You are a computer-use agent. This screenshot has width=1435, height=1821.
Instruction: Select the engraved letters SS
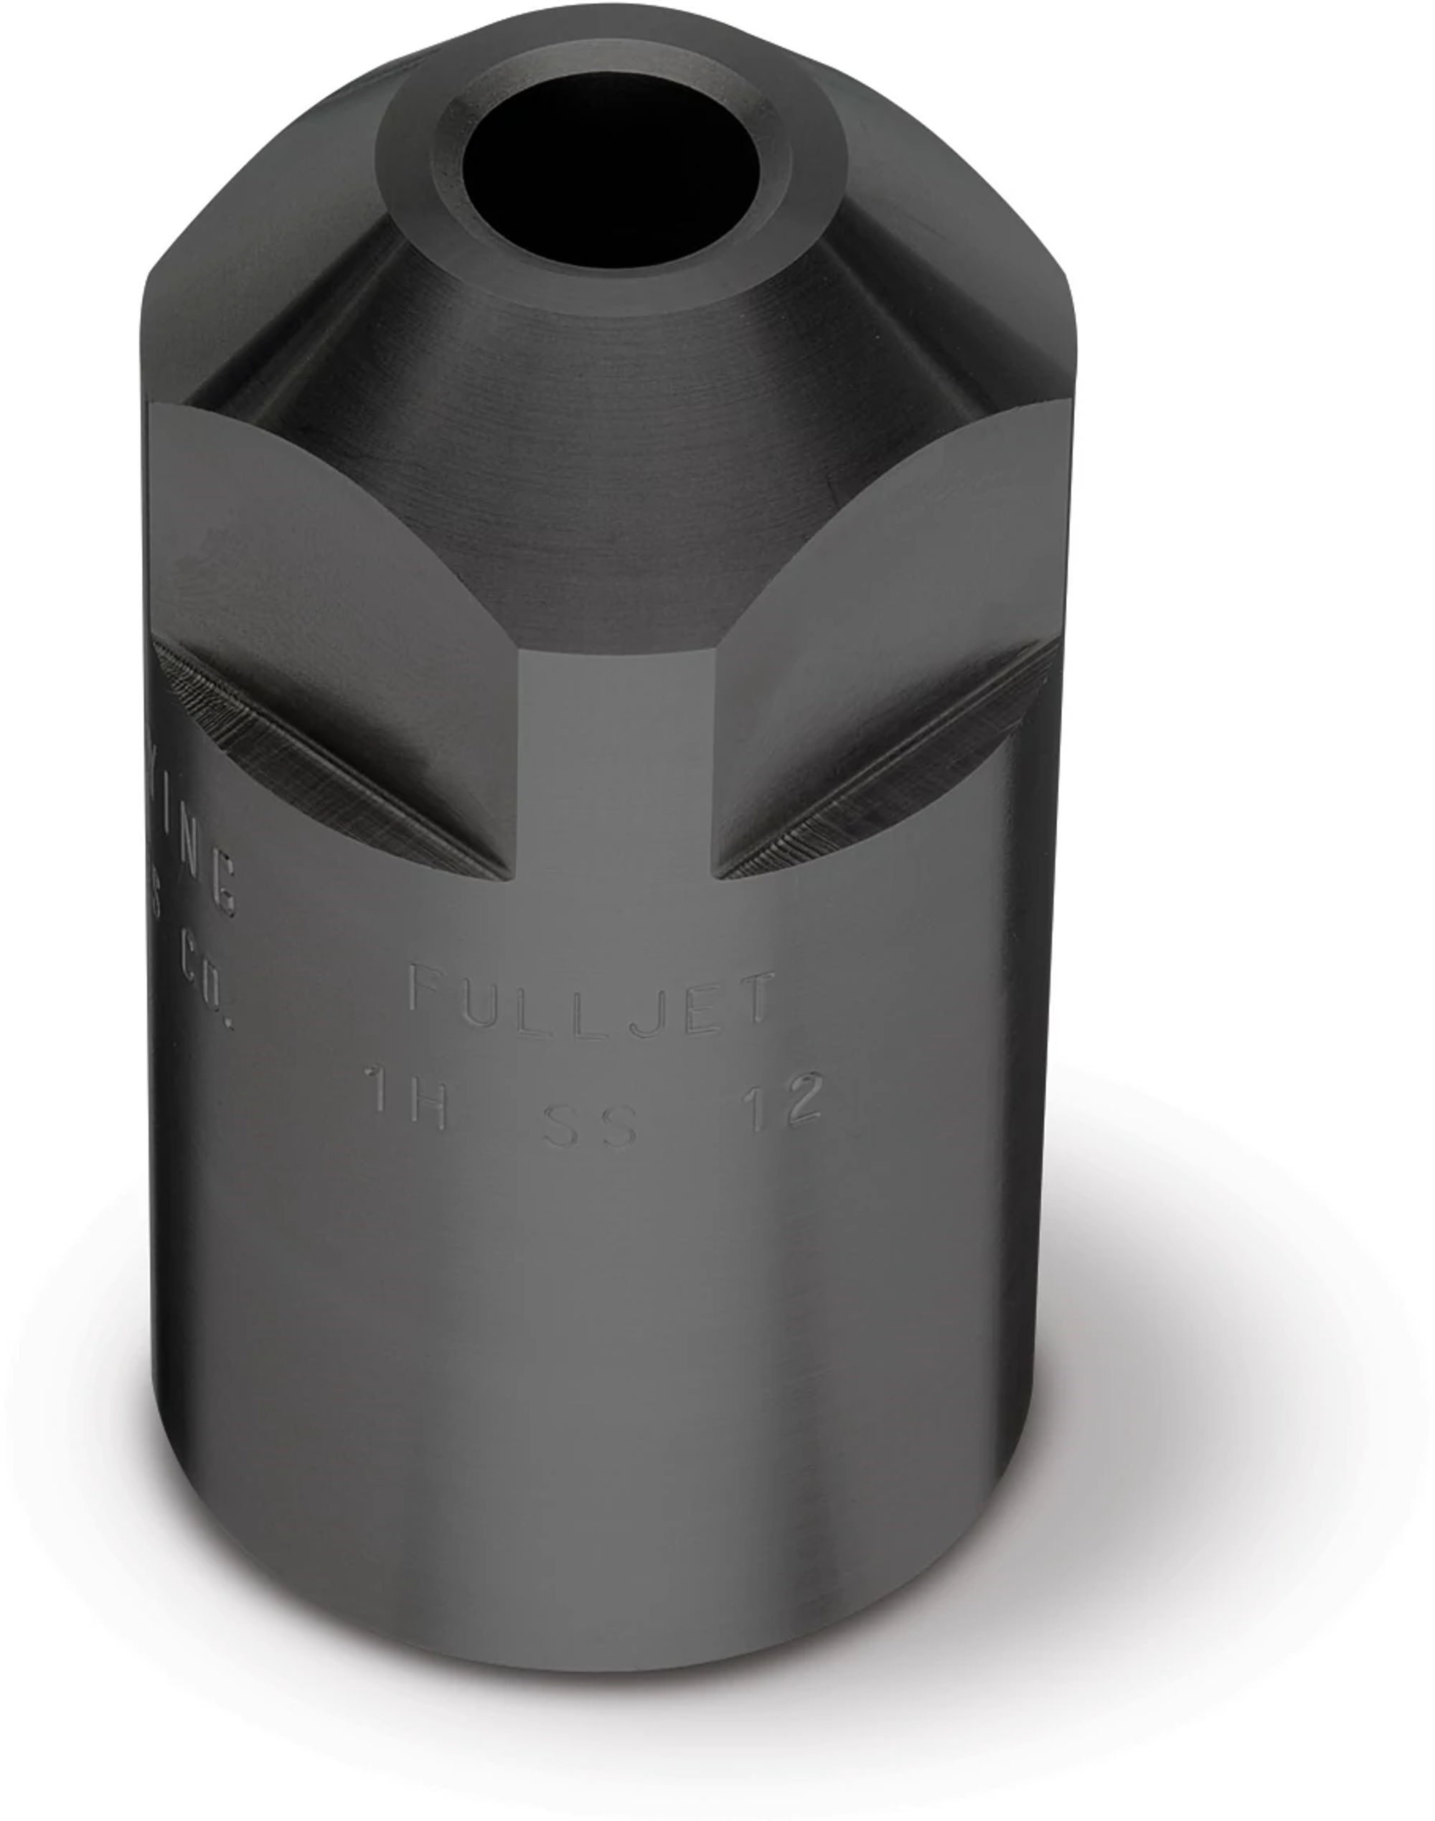click(x=590, y=1126)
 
